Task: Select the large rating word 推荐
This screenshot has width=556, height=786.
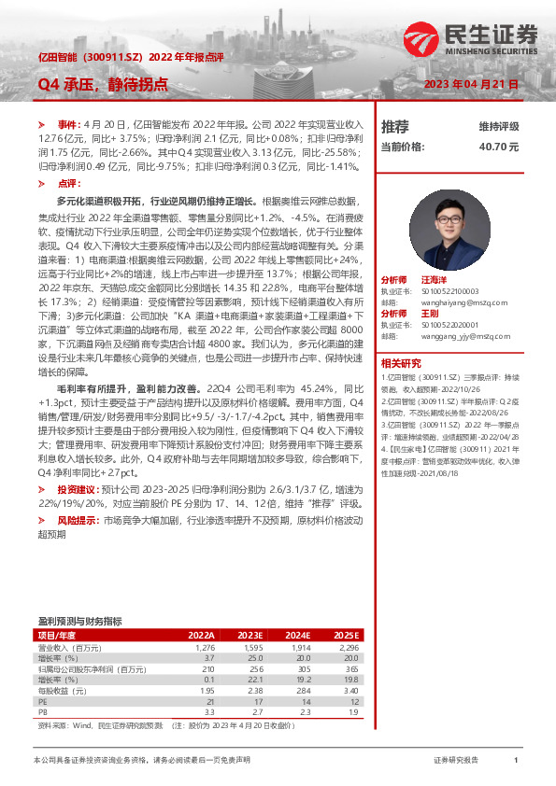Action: (x=395, y=126)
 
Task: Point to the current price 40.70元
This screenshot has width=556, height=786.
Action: (x=498, y=147)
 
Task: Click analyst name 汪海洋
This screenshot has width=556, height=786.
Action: (x=435, y=279)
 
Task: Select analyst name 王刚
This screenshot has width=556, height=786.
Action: (x=429, y=313)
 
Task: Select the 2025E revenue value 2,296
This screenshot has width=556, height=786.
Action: (x=348, y=647)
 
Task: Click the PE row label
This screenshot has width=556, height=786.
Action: (x=42, y=699)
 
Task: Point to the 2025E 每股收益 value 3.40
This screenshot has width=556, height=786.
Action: (x=350, y=689)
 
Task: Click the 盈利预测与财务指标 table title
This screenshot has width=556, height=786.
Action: (x=79, y=621)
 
